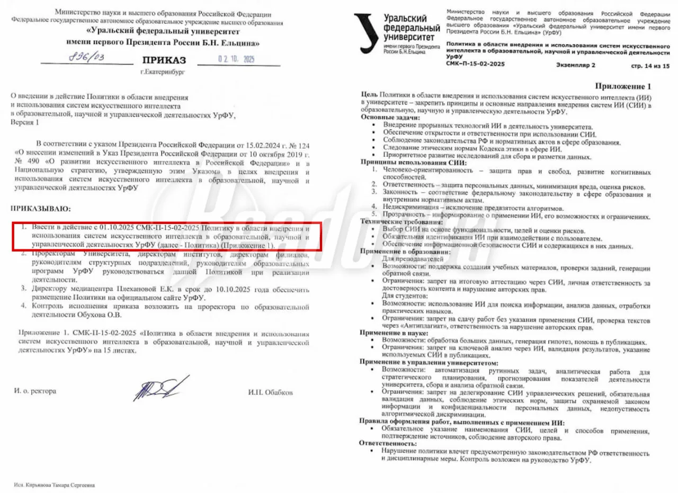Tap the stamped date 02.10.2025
(236, 59)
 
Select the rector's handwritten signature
(161, 389)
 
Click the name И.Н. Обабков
(270, 392)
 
